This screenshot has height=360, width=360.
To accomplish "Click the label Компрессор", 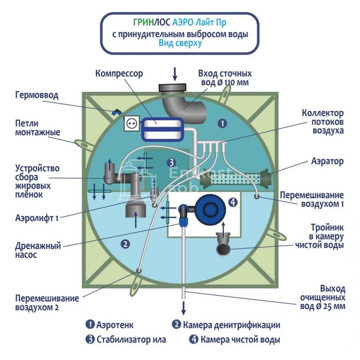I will (x=119, y=74).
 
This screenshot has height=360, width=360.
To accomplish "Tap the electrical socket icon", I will (x=131, y=124).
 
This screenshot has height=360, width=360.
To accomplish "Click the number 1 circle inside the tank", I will (x=222, y=123).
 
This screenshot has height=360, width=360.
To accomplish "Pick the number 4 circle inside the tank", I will (x=233, y=202).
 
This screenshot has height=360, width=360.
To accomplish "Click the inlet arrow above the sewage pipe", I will (x=174, y=74).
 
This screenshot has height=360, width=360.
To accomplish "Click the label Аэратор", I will (x=325, y=161).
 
